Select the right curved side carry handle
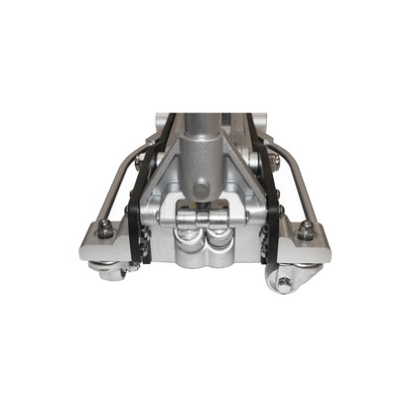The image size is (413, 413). pos(299,179)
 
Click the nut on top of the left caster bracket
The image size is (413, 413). pos(104,230)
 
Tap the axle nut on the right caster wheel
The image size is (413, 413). pos(286,283)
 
